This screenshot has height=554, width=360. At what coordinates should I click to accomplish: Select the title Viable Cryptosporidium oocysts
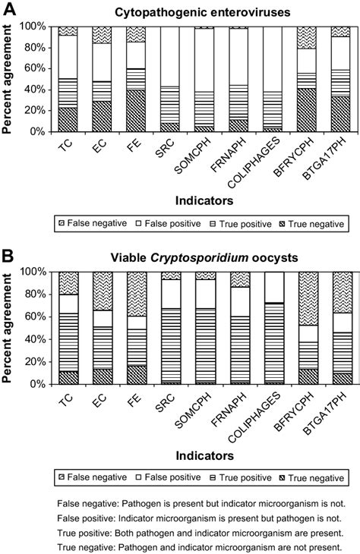click(x=202, y=257)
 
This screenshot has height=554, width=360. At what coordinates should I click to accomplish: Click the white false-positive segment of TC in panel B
click(x=68, y=303)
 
